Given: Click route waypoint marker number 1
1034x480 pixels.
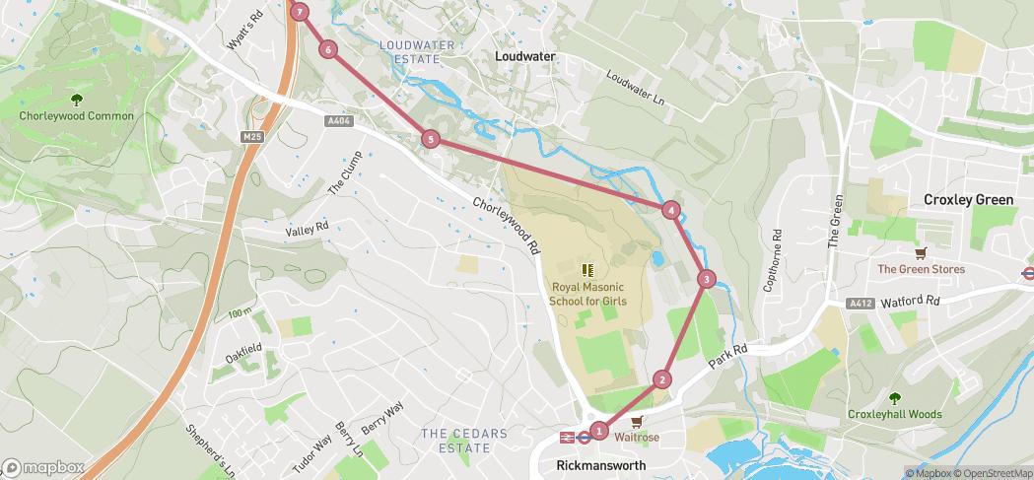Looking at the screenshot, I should [599, 429].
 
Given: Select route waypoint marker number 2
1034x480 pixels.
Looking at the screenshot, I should [662, 379].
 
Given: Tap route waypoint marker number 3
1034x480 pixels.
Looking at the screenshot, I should [706, 279].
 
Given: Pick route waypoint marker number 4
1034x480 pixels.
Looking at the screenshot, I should [671, 209].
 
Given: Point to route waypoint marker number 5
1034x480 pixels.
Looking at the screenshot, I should [430, 139].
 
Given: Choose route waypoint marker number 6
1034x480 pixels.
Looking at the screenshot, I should [327, 49].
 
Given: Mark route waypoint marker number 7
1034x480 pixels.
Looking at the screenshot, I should [300, 12].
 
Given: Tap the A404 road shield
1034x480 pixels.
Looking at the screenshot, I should [338, 121].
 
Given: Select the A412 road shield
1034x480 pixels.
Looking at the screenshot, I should [860, 304].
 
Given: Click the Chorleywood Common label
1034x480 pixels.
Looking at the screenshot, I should [77, 116].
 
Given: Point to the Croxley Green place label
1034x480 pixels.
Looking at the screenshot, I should [968, 200].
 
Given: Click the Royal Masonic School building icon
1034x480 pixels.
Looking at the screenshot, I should [587, 268].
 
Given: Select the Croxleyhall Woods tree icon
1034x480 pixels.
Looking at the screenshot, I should [895, 398].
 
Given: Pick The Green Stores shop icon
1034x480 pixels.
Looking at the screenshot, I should [921, 252].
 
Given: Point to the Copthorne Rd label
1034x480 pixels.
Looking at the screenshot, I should [772, 260].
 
